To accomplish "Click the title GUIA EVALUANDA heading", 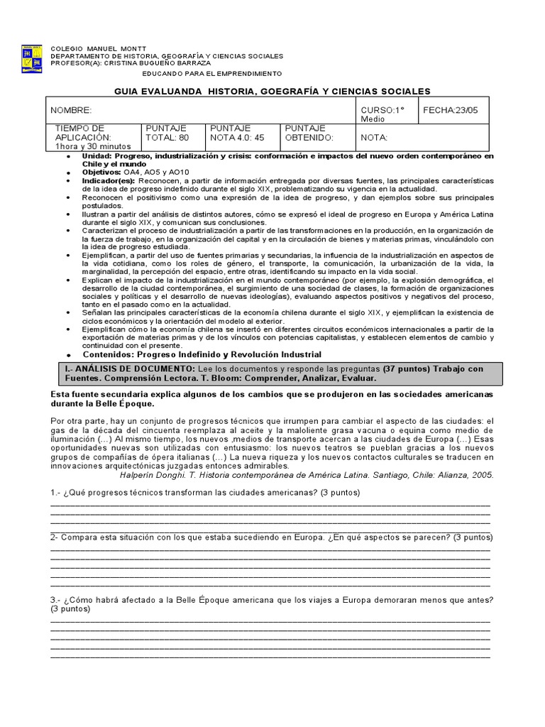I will point(272,92).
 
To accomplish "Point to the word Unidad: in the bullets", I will point(97,155).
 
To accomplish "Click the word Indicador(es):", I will point(109,181).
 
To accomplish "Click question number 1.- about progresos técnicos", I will point(205,492).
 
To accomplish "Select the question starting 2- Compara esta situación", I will point(272,537).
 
